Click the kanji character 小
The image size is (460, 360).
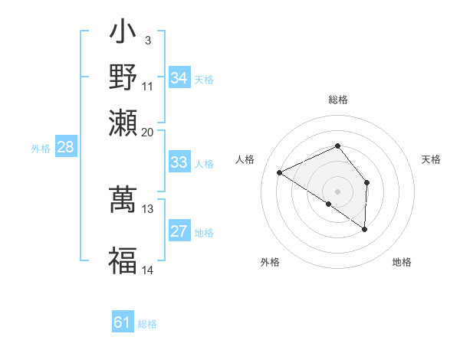(x=123, y=35)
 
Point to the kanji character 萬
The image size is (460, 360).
(x=123, y=198)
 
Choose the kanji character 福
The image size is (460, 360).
(x=123, y=260)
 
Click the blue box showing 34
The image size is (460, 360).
(x=179, y=78)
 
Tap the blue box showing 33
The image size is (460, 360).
(x=179, y=162)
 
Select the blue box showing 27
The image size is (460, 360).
(x=179, y=232)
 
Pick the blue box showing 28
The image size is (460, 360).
(x=66, y=148)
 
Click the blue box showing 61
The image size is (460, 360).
(x=123, y=322)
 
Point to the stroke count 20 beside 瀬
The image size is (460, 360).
(x=147, y=132)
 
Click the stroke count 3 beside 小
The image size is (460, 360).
(x=147, y=40)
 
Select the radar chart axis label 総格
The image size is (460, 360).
(x=338, y=100)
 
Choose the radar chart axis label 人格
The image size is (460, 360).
(x=245, y=159)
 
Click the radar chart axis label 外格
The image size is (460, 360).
(x=270, y=263)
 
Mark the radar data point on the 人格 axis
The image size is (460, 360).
(x=280, y=172)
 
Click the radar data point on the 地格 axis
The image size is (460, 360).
(x=365, y=229)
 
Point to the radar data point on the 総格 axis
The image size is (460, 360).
(x=338, y=146)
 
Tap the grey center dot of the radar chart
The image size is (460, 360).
(x=338, y=191)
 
